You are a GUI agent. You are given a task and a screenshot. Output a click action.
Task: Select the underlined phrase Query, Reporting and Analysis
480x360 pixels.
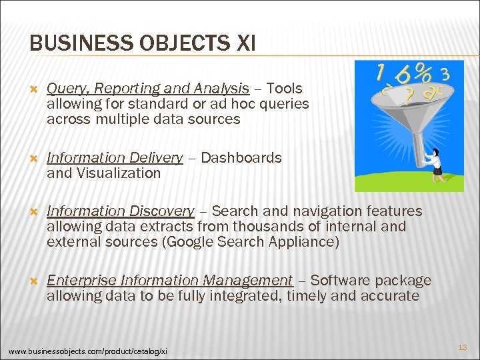click(147, 89)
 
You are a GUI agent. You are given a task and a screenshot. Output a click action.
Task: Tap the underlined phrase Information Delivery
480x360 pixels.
click(115, 158)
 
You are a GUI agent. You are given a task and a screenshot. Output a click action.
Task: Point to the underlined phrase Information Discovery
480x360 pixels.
click(120, 211)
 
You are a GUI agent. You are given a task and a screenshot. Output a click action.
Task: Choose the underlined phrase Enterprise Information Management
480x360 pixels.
click(169, 281)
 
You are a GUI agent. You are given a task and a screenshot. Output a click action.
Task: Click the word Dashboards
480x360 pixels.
click(241, 158)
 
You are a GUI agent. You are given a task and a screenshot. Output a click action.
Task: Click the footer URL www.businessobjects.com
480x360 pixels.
click(87, 351)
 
